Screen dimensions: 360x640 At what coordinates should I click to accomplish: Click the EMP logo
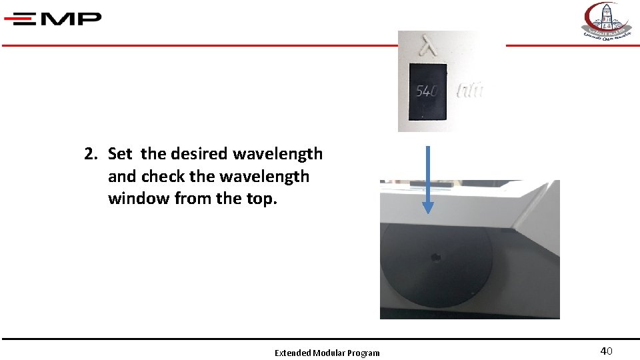(x=53, y=18)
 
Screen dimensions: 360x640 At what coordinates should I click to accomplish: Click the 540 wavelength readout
(x=427, y=91)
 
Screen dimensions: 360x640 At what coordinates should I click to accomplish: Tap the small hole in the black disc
(x=437, y=256)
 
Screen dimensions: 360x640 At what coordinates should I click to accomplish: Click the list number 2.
(x=91, y=154)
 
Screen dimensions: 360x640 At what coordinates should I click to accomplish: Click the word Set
(x=120, y=154)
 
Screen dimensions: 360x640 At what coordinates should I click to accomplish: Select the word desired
(x=199, y=154)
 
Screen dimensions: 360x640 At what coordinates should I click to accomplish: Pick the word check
(x=163, y=177)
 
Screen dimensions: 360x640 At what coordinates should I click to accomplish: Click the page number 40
(x=606, y=351)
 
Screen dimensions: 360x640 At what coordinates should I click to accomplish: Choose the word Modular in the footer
(x=329, y=353)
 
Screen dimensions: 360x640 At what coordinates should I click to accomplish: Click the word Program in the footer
(x=363, y=353)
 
